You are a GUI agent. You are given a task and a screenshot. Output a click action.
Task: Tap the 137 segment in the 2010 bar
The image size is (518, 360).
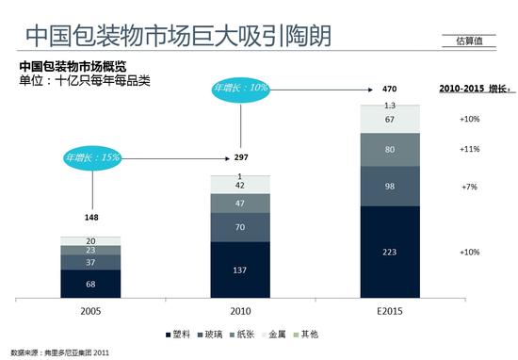point(240,269)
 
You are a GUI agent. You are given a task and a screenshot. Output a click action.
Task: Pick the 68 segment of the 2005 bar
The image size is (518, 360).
point(90,284)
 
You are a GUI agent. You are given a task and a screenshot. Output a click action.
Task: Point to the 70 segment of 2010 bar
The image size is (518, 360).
point(240,227)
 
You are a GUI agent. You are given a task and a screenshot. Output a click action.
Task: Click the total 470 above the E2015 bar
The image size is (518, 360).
point(391,89)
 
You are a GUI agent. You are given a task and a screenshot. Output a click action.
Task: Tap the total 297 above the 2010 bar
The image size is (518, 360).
point(240,156)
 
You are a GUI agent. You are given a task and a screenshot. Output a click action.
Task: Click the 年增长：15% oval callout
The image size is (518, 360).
point(92,156)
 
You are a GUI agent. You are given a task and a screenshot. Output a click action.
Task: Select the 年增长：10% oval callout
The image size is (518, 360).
point(242,89)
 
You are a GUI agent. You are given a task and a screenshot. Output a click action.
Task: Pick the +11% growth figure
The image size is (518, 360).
point(469,149)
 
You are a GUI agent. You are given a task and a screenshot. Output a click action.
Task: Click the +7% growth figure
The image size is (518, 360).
point(469,187)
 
